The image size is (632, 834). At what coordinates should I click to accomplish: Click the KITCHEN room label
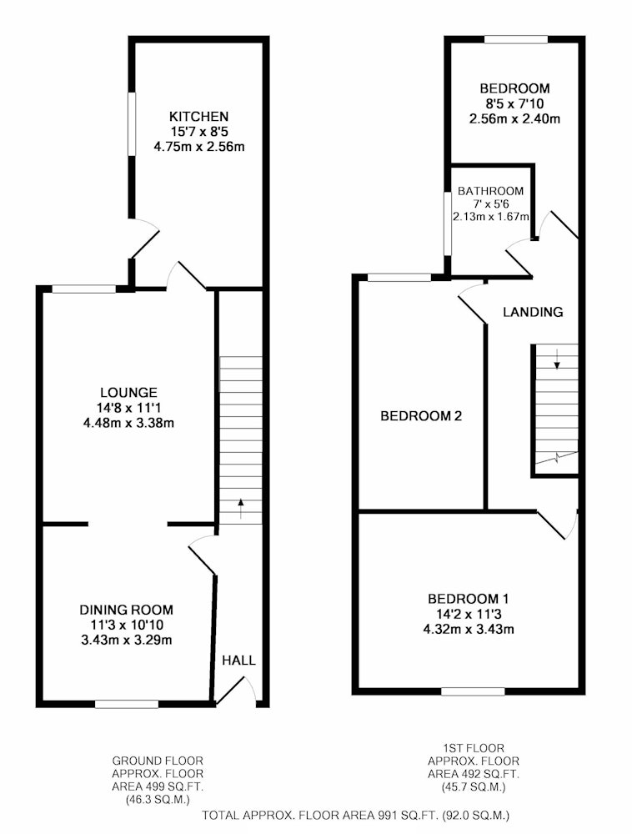(198, 117)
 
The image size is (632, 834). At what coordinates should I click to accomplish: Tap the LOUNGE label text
(128, 393)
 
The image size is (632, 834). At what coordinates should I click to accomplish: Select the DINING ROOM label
(127, 610)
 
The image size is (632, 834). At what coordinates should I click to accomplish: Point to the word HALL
(238, 661)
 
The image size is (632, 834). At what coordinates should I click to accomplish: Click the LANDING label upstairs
(533, 312)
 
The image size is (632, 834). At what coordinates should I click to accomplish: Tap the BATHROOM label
(490, 191)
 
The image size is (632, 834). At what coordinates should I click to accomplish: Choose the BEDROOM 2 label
(421, 416)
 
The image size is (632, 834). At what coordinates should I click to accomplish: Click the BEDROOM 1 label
(469, 599)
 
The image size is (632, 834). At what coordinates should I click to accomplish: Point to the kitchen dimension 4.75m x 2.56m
(198, 147)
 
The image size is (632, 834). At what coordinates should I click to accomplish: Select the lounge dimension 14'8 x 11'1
(128, 408)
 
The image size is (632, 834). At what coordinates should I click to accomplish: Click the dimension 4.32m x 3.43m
(469, 630)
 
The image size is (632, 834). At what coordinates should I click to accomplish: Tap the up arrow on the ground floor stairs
(241, 509)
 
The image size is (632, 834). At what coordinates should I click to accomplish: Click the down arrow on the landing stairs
(557, 359)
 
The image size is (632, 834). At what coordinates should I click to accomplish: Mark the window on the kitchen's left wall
(132, 124)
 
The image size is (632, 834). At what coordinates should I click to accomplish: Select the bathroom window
(448, 224)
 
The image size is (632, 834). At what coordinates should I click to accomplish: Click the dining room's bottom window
(127, 704)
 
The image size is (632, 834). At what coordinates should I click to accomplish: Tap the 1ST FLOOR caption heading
(474, 748)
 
